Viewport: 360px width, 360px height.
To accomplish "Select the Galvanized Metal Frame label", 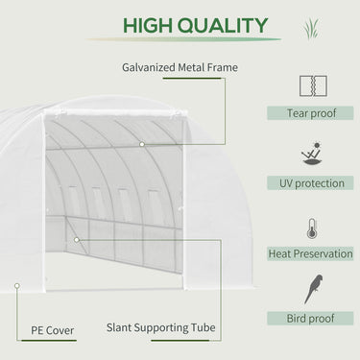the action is coord(180,67).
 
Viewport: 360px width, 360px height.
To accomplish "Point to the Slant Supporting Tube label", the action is coord(161,329).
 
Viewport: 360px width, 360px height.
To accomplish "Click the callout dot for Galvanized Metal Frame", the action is coord(141,144).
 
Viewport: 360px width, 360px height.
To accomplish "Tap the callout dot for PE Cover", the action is coord(16,285).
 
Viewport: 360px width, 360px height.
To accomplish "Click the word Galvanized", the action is coord(152,67).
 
